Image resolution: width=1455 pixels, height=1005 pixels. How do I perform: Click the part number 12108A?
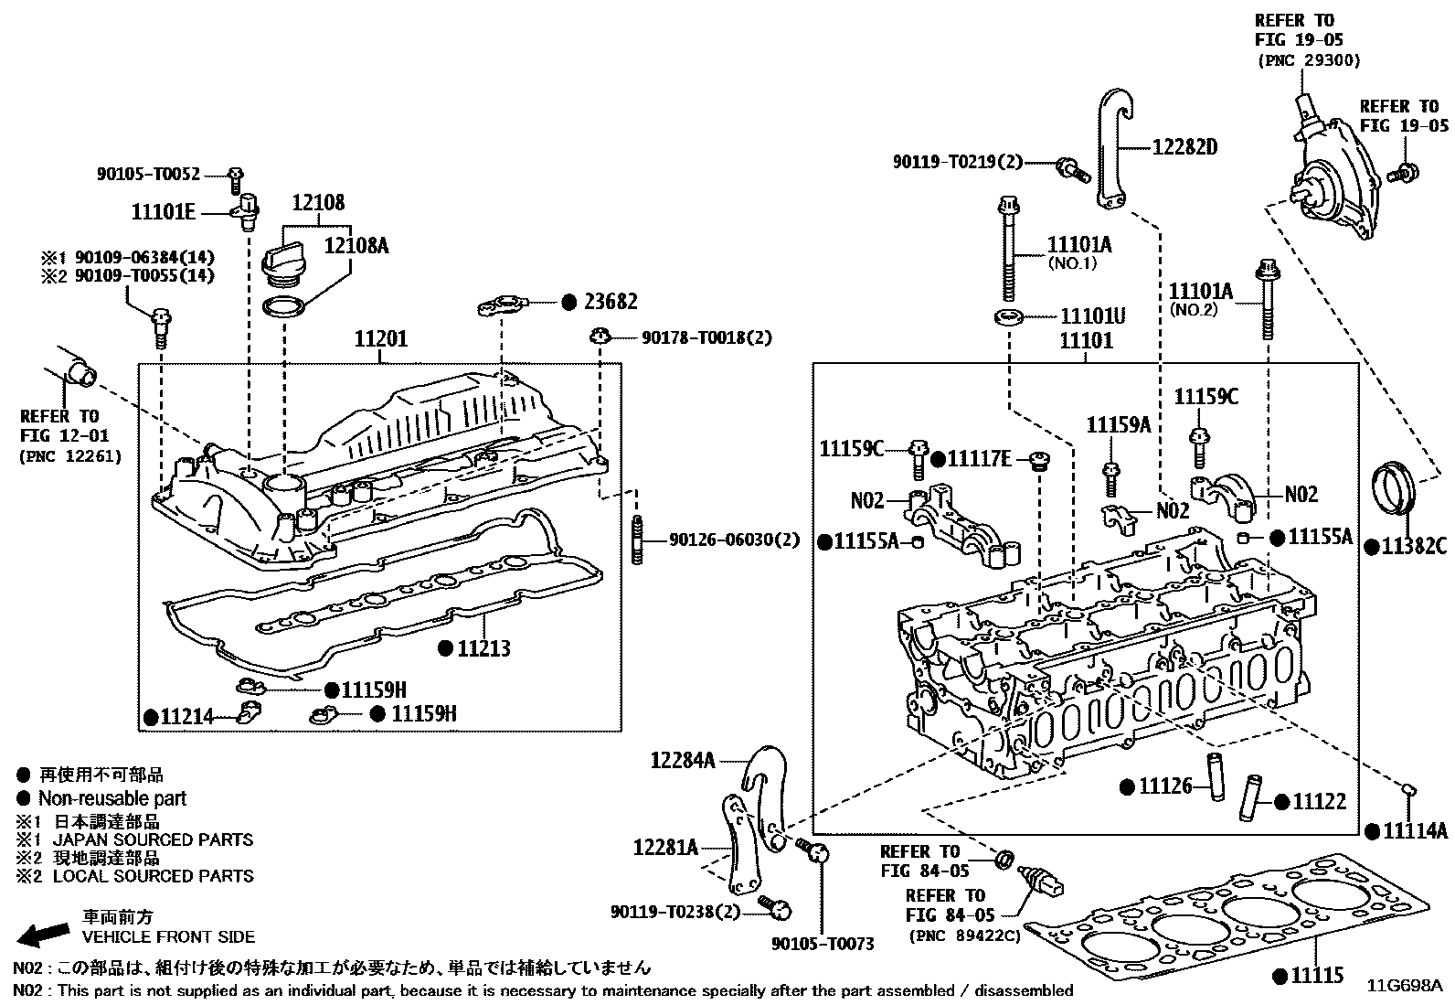(x=356, y=246)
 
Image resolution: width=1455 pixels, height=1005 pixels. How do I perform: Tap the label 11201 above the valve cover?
(x=380, y=339)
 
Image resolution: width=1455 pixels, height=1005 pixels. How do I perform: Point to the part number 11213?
(x=483, y=648)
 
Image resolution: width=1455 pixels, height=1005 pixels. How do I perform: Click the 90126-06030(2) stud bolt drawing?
(x=637, y=540)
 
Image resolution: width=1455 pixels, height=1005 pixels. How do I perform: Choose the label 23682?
(x=611, y=302)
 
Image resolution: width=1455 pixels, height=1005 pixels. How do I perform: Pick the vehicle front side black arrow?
(x=43, y=935)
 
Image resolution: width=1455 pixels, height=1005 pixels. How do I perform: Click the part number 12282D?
(x=1184, y=147)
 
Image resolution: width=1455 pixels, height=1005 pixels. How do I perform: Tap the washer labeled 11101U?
(x=1008, y=317)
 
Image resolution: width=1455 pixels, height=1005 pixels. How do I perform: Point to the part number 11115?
(x=1317, y=975)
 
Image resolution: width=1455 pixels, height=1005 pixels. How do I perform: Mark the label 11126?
(x=1165, y=786)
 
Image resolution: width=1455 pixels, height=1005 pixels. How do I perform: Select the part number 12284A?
(x=683, y=760)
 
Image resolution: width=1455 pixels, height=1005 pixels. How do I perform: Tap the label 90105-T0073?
(x=823, y=943)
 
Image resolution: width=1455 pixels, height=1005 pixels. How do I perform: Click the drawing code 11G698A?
(x=1405, y=986)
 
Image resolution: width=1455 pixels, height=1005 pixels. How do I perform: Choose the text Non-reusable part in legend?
(x=112, y=798)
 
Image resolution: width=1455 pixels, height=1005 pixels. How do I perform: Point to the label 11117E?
(x=980, y=460)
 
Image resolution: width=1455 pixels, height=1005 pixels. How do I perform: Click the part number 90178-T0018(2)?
(x=706, y=337)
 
